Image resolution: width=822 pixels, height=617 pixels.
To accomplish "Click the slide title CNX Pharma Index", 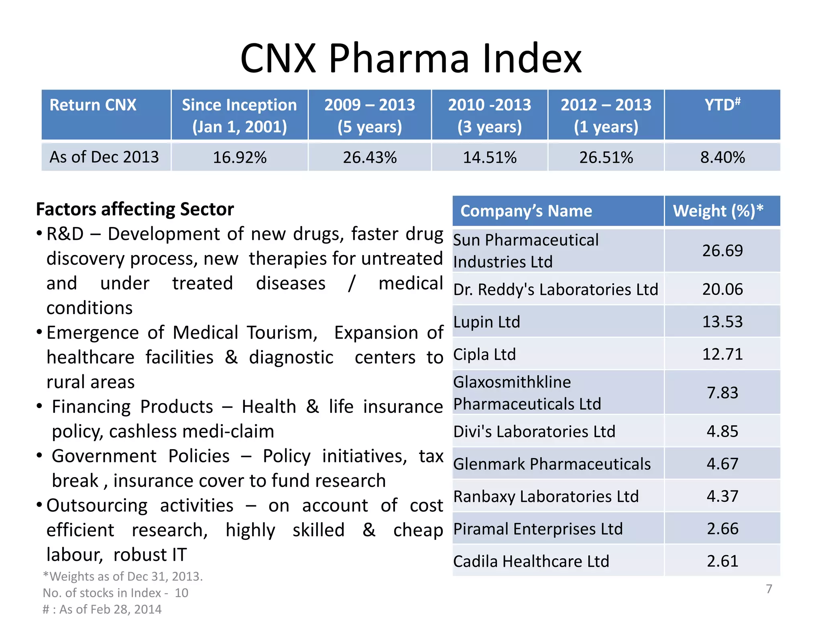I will (x=411, y=59).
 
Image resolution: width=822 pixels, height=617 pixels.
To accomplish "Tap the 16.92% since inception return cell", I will (x=240, y=157).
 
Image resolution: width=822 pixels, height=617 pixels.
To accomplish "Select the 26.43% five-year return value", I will (x=370, y=157).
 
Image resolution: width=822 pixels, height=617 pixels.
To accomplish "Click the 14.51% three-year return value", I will (x=490, y=157).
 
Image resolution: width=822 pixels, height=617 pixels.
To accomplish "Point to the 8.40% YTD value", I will (x=722, y=157).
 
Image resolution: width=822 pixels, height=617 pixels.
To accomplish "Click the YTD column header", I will (x=722, y=105).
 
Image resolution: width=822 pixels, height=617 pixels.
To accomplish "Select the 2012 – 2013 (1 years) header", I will (x=606, y=115).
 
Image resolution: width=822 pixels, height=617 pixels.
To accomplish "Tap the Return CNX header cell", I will (x=93, y=105).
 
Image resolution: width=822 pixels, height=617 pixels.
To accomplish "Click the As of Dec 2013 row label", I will (x=104, y=157).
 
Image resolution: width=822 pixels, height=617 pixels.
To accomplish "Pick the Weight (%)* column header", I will (x=718, y=211).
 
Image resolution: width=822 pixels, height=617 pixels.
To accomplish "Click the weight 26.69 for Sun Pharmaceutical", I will (x=722, y=251).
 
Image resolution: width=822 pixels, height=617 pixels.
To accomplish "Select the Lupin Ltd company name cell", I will (x=486, y=322).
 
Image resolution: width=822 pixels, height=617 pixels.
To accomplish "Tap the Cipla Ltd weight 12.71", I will (x=722, y=354).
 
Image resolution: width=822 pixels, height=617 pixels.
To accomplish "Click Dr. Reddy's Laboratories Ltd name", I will (x=555, y=290).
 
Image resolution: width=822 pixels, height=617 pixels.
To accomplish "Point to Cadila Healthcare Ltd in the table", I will (x=531, y=561).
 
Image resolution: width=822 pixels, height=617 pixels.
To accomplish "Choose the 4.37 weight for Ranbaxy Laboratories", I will (x=722, y=496).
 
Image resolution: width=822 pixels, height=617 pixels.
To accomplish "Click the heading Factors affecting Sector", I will (x=135, y=209).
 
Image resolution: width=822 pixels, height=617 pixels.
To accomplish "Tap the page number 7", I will (x=769, y=589).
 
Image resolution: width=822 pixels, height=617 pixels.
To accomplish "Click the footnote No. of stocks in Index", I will (x=115, y=593).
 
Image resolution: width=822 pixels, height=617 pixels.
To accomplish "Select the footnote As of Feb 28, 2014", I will (x=102, y=609).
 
